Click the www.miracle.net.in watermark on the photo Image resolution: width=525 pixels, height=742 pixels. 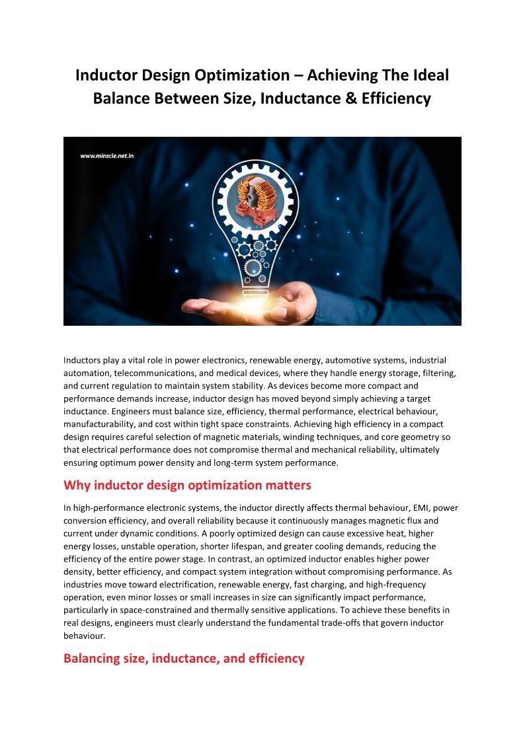click(108, 156)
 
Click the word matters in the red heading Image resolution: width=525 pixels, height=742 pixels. click(285, 486)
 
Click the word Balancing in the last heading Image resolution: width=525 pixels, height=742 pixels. click(92, 658)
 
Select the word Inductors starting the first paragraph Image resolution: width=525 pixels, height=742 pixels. click(82, 360)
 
